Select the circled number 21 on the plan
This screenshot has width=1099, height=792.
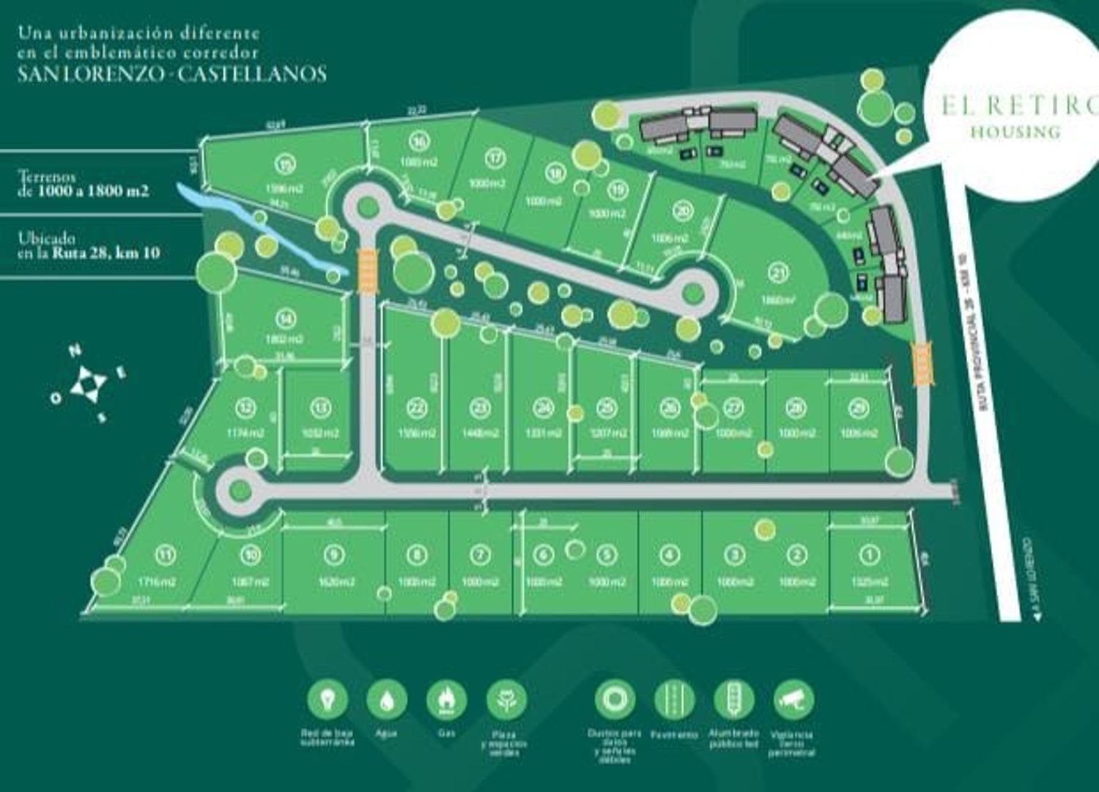(x=778, y=274)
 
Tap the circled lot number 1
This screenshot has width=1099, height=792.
(x=870, y=555)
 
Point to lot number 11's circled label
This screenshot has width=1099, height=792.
(x=166, y=555)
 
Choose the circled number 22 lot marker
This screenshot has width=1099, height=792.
(x=418, y=408)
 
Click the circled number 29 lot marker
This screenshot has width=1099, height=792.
(x=859, y=407)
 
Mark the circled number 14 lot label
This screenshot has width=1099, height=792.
(x=286, y=318)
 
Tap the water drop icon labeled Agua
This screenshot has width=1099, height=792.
(x=386, y=700)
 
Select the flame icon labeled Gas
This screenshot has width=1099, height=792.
(x=446, y=700)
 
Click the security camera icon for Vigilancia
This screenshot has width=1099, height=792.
(x=793, y=700)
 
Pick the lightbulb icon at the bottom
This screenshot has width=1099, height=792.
(x=327, y=700)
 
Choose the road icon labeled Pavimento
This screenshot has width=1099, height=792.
(x=674, y=700)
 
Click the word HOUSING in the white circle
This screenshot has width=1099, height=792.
(x=1015, y=132)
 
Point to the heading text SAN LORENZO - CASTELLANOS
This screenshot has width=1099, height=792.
(x=171, y=73)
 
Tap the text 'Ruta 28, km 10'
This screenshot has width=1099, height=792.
(x=106, y=254)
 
